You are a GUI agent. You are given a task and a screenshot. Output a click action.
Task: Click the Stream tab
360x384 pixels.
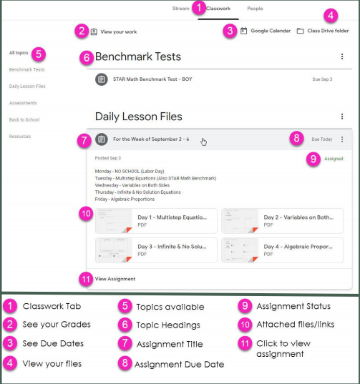click(x=180, y=9)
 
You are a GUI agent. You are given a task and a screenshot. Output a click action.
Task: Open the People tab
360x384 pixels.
click(x=255, y=9)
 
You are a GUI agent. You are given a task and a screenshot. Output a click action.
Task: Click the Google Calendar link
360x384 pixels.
click(x=266, y=31)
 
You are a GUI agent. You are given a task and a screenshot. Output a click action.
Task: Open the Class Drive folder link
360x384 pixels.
click(x=323, y=31)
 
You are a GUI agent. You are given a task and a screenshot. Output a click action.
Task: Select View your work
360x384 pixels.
click(x=114, y=32)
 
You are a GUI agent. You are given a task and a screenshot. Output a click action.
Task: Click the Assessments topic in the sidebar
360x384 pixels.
click(x=23, y=103)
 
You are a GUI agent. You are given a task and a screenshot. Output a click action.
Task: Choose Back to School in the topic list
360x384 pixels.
click(x=24, y=119)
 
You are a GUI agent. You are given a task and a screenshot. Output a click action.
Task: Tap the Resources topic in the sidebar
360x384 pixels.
click(x=20, y=137)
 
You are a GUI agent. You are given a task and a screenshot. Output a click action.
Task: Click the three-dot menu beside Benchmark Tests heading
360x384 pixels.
click(x=342, y=56)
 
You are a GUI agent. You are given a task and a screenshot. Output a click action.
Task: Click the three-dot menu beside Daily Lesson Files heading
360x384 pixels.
click(x=342, y=117)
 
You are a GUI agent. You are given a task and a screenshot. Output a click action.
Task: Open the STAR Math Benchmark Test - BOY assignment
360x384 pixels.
click(x=152, y=79)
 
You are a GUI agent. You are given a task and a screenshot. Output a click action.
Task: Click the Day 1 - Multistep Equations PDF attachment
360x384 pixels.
click(x=156, y=221)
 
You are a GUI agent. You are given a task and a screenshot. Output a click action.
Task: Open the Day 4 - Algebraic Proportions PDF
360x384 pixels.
click(x=282, y=250)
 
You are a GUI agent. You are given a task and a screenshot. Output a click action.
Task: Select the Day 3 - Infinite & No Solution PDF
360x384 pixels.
click(x=156, y=250)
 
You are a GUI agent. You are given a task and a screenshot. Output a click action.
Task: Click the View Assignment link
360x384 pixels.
click(x=115, y=279)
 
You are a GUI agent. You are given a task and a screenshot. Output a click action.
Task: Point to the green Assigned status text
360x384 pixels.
click(x=334, y=159)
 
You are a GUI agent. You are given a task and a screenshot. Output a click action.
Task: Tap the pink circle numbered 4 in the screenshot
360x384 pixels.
click(x=331, y=16)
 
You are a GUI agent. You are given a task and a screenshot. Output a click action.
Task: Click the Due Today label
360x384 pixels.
click(x=322, y=139)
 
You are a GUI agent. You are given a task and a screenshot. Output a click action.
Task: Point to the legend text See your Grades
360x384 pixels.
click(x=57, y=325)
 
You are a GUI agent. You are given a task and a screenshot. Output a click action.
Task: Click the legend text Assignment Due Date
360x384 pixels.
click(x=179, y=365)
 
